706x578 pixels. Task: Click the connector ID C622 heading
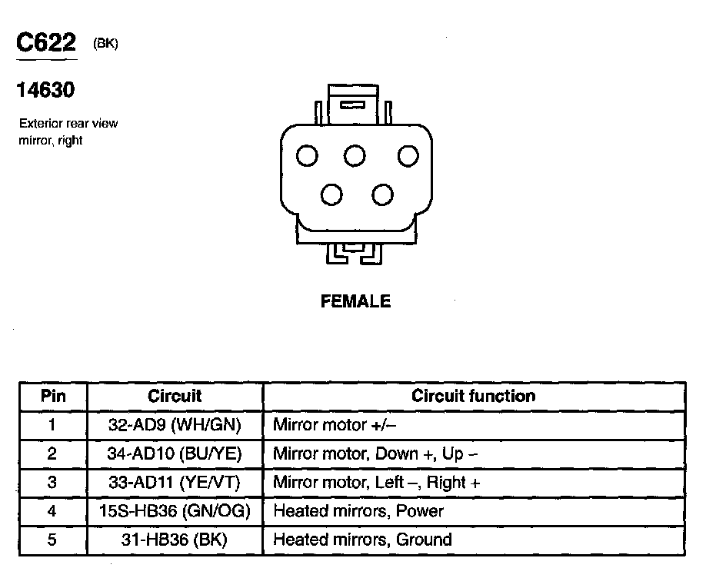46,44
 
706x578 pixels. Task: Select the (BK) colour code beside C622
105,45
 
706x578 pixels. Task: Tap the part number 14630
45,91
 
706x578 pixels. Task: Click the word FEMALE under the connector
355,302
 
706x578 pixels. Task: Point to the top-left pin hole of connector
308,156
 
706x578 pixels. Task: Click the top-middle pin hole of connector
355,156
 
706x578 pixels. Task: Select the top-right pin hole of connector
408,156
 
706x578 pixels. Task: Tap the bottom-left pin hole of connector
331,194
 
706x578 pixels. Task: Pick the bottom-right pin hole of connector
382,194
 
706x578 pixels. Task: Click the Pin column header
53,397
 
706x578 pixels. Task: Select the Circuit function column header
473,397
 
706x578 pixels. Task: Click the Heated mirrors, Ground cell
362,540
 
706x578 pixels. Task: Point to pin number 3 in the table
52,483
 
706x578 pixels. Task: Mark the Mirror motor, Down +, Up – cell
375,453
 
